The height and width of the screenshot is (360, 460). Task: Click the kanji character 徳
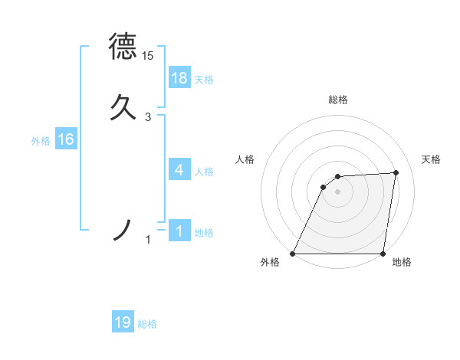pyautogui.click(x=123, y=46)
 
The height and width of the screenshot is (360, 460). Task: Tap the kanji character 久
pyautogui.click(x=123, y=106)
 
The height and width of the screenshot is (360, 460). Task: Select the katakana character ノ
pyautogui.click(x=123, y=229)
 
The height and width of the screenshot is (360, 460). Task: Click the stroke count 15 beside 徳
pyautogui.click(x=147, y=56)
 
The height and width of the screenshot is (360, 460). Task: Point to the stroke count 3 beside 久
pyautogui.click(x=148, y=117)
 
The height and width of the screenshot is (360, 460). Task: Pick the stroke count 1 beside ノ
pyautogui.click(x=149, y=241)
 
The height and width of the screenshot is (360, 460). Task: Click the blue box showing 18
pyautogui.click(x=179, y=78)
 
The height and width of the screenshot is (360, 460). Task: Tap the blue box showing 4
pyautogui.click(x=179, y=170)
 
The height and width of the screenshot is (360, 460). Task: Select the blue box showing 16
pyautogui.click(x=65, y=139)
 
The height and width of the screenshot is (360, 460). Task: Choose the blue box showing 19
pyautogui.click(x=123, y=322)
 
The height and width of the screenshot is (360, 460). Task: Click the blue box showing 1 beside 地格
pyautogui.click(x=179, y=231)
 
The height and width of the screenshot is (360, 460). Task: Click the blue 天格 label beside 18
pyautogui.click(x=204, y=80)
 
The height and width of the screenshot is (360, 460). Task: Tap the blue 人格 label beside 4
pyautogui.click(x=204, y=172)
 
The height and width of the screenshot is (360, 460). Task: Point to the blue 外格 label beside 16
pyautogui.click(x=41, y=141)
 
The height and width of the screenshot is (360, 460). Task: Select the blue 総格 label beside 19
pyautogui.click(x=147, y=324)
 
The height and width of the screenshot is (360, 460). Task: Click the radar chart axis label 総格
pyautogui.click(x=337, y=100)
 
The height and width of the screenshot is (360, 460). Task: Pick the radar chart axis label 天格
pyautogui.click(x=431, y=159)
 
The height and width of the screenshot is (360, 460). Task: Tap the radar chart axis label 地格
pyautogui.click(x=402, y=262)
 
